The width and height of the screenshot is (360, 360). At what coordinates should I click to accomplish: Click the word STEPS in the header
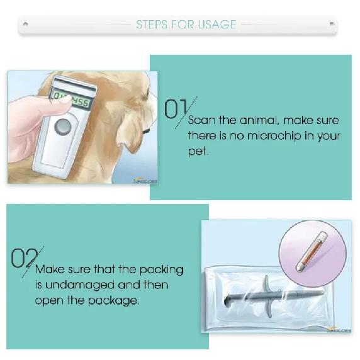click(x=152, y=25)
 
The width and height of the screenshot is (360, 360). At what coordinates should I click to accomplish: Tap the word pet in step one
click(x=197, y=151)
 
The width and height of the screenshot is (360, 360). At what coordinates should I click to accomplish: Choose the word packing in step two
click(x=161, y=270)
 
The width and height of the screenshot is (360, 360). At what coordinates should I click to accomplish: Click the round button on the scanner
click(x=62, y=127)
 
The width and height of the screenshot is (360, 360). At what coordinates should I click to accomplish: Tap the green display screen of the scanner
click(x=71, y=99)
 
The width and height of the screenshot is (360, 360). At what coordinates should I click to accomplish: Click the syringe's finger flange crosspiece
click(x=267, y=296)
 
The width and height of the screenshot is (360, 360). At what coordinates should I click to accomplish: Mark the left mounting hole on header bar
click(x=25, y=23)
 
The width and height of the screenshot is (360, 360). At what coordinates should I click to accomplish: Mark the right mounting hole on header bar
click(x=331, y=23)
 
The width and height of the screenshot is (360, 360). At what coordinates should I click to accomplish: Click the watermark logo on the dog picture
click(x=145, y=181)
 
